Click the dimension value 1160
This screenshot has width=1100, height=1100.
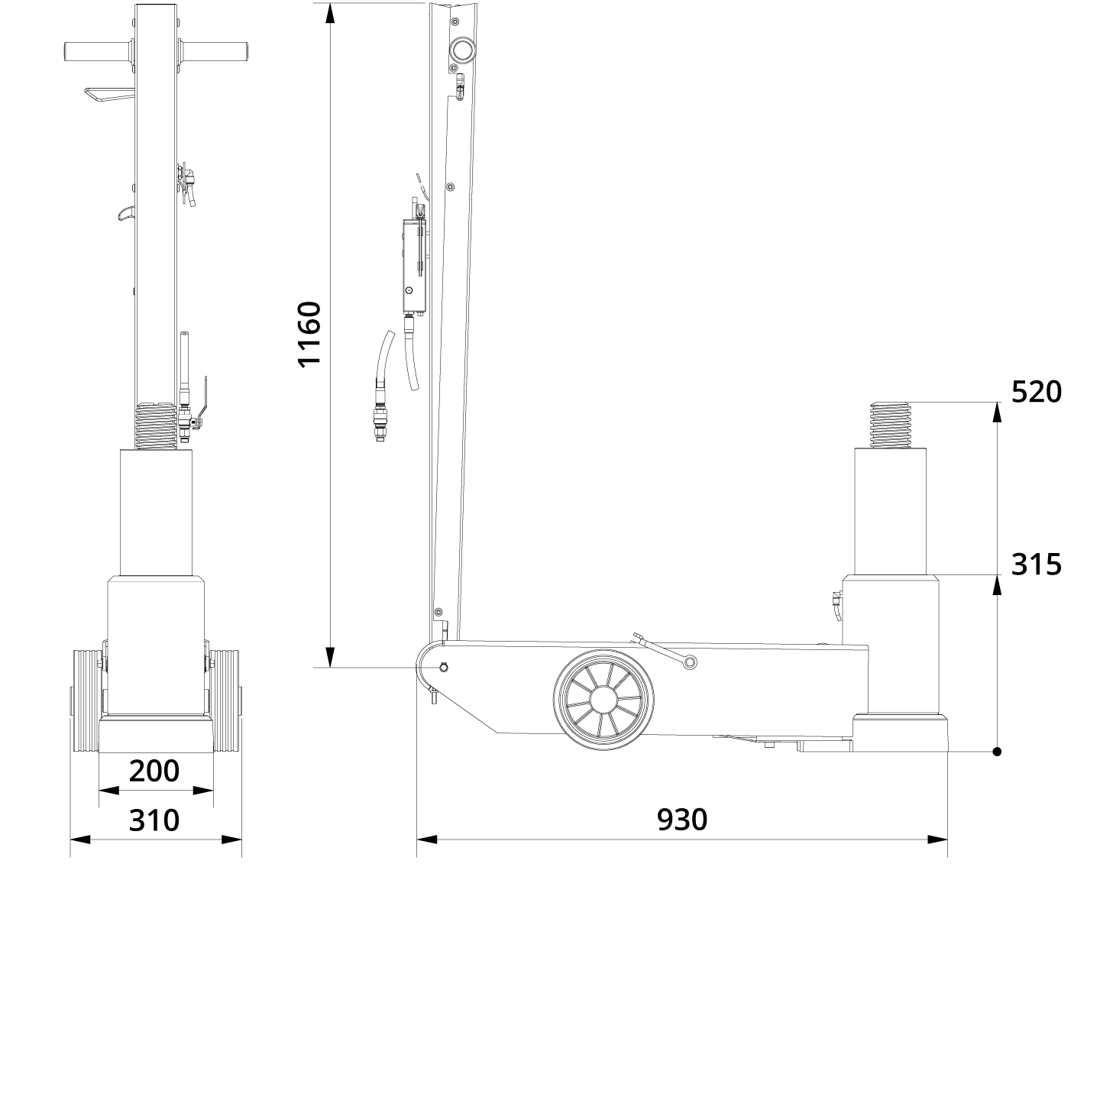[x=309, y=335]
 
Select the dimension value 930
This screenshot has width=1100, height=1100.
[x=682, y=819]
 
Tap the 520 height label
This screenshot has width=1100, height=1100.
[x=1036, y=392]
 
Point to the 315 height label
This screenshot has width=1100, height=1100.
[x=1036, y=565]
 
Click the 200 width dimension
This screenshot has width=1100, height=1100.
[x=154, y=771]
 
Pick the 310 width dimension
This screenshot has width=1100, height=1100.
[x=154, y=820]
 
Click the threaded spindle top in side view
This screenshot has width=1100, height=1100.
[x=891, y=425]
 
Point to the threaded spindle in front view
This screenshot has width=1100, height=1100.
[x=156, y=426]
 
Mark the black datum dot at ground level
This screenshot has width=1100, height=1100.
[x=997, y=752]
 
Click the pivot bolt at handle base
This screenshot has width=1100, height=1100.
[x=443, y=668]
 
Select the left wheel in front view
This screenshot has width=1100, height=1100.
[x=86, y=702]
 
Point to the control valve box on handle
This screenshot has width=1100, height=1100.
[x=413, y=265]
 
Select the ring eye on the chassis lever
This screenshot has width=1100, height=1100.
[x=689, y=662]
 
